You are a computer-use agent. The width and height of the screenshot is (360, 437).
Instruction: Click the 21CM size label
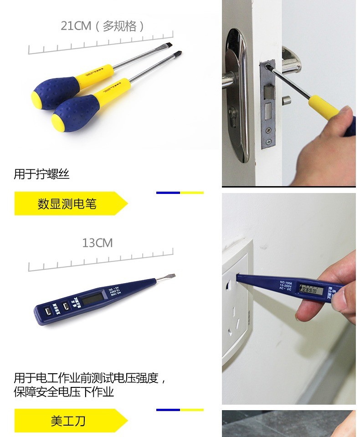[x=76, y=26]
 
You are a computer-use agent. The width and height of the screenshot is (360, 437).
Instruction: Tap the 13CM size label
[x=97, y=243]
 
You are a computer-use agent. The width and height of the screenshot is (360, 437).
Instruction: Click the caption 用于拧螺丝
[x=41, y=174]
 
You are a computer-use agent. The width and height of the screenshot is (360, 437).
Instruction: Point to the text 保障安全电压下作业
[x=64, y=392]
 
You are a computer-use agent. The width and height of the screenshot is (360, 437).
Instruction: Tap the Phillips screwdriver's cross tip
[x=180, y=54]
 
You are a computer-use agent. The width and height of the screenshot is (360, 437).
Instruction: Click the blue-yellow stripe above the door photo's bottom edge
[x=180, y=193]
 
